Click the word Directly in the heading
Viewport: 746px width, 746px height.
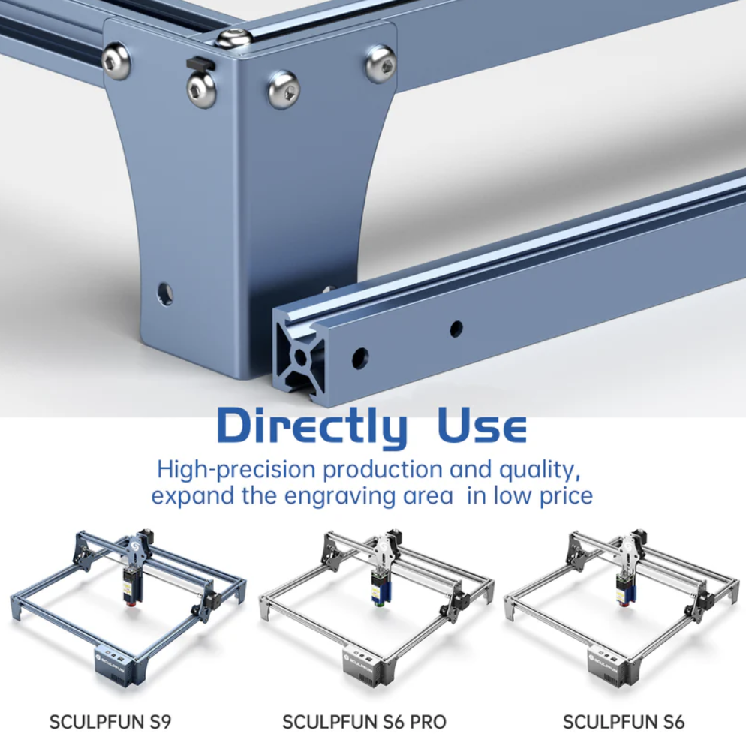pos(312,426)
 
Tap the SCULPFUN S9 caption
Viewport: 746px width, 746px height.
pos(110,722)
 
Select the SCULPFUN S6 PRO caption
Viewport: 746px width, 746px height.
pos(365,722)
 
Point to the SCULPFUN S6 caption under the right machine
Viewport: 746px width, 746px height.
pos(623,722)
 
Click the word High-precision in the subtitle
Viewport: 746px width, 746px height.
pos(236,470)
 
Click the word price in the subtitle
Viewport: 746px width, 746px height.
pos(566,496)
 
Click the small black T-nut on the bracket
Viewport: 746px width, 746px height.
pos(200,62)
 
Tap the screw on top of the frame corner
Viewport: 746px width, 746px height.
pos(233,37)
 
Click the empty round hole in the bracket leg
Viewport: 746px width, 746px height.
pos(164,292)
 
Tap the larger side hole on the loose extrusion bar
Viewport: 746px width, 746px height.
pos(360,358)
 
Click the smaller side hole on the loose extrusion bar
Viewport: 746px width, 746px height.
pos(456,327)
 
